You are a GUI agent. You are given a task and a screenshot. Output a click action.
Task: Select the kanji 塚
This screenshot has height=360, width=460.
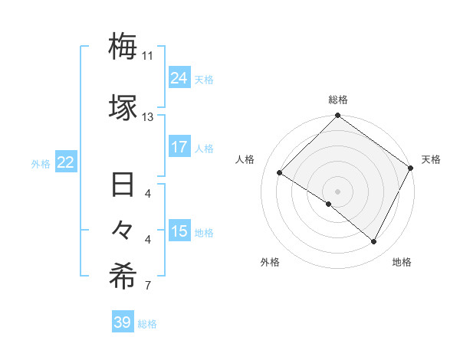(x=123, y=107)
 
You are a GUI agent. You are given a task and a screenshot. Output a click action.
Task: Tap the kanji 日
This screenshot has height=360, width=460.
(x=123, y=185)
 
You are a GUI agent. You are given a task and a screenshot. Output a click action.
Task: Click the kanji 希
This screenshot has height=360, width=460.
(x=123, y=277)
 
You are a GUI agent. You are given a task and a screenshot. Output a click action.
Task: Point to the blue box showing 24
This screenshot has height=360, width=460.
(x=179, y=77)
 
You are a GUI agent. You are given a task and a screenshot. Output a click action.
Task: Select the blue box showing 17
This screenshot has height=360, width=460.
(x=179, y=146)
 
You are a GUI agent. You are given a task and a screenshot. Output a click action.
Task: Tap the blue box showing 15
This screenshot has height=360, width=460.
(x=179, y=231)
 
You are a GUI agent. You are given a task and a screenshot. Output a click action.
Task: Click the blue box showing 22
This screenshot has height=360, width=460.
(x=66, y=162)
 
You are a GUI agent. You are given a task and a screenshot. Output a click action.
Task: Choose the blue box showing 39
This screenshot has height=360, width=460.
(x=123, y=322)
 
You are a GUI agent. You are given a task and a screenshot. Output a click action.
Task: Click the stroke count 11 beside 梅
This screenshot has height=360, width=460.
(x=148, y=56)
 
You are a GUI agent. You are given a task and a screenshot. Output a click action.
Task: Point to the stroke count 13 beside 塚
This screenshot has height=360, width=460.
(x=148, y=117)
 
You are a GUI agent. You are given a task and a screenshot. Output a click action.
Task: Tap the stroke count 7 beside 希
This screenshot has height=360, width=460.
(x=148, y=286)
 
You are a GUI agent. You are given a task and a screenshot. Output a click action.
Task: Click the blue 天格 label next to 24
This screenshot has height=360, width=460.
(x=204, y=79)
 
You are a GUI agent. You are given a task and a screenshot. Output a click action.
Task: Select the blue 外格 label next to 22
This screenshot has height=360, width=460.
(x=41, y=163)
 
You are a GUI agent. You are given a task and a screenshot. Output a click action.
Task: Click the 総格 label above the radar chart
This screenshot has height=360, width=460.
(x=338, y=100)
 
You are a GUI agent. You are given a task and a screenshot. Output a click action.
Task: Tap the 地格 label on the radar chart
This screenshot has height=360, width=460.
(x=402, y=262)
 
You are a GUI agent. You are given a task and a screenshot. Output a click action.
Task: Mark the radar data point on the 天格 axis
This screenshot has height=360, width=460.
(x=410, y=168)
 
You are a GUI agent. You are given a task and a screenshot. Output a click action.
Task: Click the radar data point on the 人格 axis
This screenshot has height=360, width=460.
(x=280, y=173)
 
